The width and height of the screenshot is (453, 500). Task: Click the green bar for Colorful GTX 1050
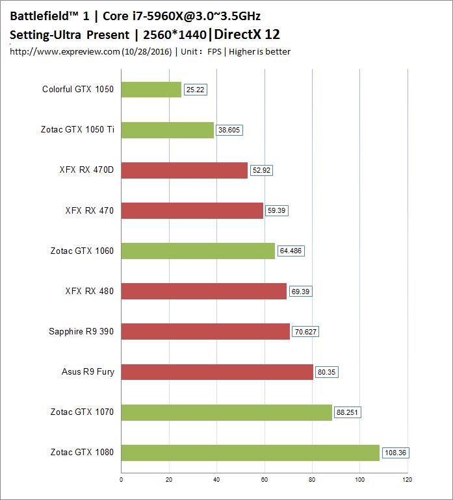(151, 90)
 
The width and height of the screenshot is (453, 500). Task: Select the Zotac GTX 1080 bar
(250, 453)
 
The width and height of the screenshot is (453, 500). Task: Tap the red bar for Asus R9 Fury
(217, 372)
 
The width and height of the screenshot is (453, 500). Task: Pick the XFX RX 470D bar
(185, 171)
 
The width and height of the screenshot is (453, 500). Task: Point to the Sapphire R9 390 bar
(205, 332)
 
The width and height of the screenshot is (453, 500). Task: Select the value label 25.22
(195, 90)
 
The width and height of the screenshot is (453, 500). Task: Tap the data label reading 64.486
(291, 251)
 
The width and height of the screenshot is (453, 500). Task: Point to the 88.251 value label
(348, 412)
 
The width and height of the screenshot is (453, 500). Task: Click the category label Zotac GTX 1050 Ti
(77, 130)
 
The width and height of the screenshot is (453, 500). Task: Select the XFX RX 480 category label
(89, 292)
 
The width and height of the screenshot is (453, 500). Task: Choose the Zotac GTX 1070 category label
(82, 412)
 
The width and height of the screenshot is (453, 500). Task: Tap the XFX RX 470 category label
(89, 211)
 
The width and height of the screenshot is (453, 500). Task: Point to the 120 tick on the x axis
(408, 481)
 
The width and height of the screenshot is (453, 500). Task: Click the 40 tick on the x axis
(217, 481)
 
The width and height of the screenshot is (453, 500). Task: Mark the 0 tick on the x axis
(122, 481)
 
